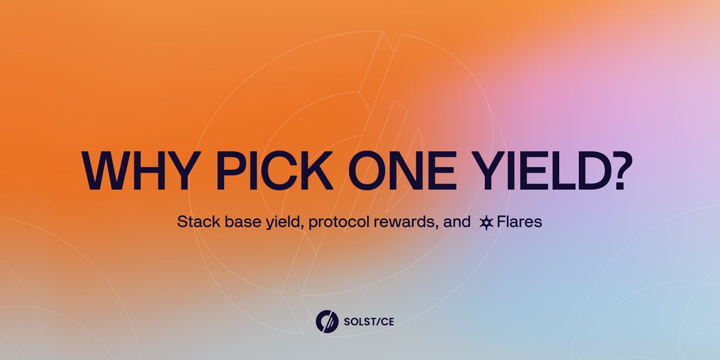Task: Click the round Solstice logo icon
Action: (327, 321)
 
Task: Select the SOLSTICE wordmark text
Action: (369, 322)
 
